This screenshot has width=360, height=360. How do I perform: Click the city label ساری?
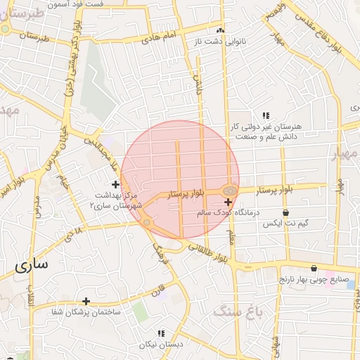click(x=31, y=266)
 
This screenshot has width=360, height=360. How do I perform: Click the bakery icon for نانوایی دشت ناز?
click(x=220, y=30)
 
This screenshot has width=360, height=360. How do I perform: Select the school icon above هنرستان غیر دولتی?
click(x=266, y=115)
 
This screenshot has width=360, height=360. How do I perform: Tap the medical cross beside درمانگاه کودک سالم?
click(x=228, y=202)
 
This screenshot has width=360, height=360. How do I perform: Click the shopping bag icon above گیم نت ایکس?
click(x=285, y=213)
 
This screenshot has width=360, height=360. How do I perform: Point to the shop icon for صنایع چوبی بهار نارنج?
click(x=314, y=268)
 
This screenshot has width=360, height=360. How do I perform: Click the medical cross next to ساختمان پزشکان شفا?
click(x=106, y=302)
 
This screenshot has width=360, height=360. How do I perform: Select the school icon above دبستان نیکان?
click(x=160, y=334)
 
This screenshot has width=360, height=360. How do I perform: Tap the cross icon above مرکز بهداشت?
click(x=116, y=184)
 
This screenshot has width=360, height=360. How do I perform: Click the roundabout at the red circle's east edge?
click(x=230, y=190)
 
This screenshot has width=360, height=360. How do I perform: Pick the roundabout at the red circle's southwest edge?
click(x=147, y=223)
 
